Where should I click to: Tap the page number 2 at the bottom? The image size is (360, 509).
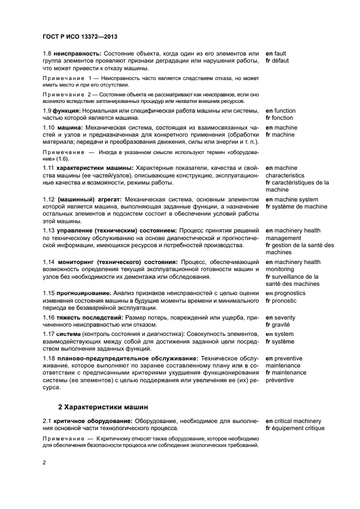tap(44, 463)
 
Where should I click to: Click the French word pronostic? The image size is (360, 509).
tap(285, 301)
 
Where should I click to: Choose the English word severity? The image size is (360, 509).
tap(286, 317)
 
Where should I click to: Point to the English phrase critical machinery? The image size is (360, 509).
tap(297, 421)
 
